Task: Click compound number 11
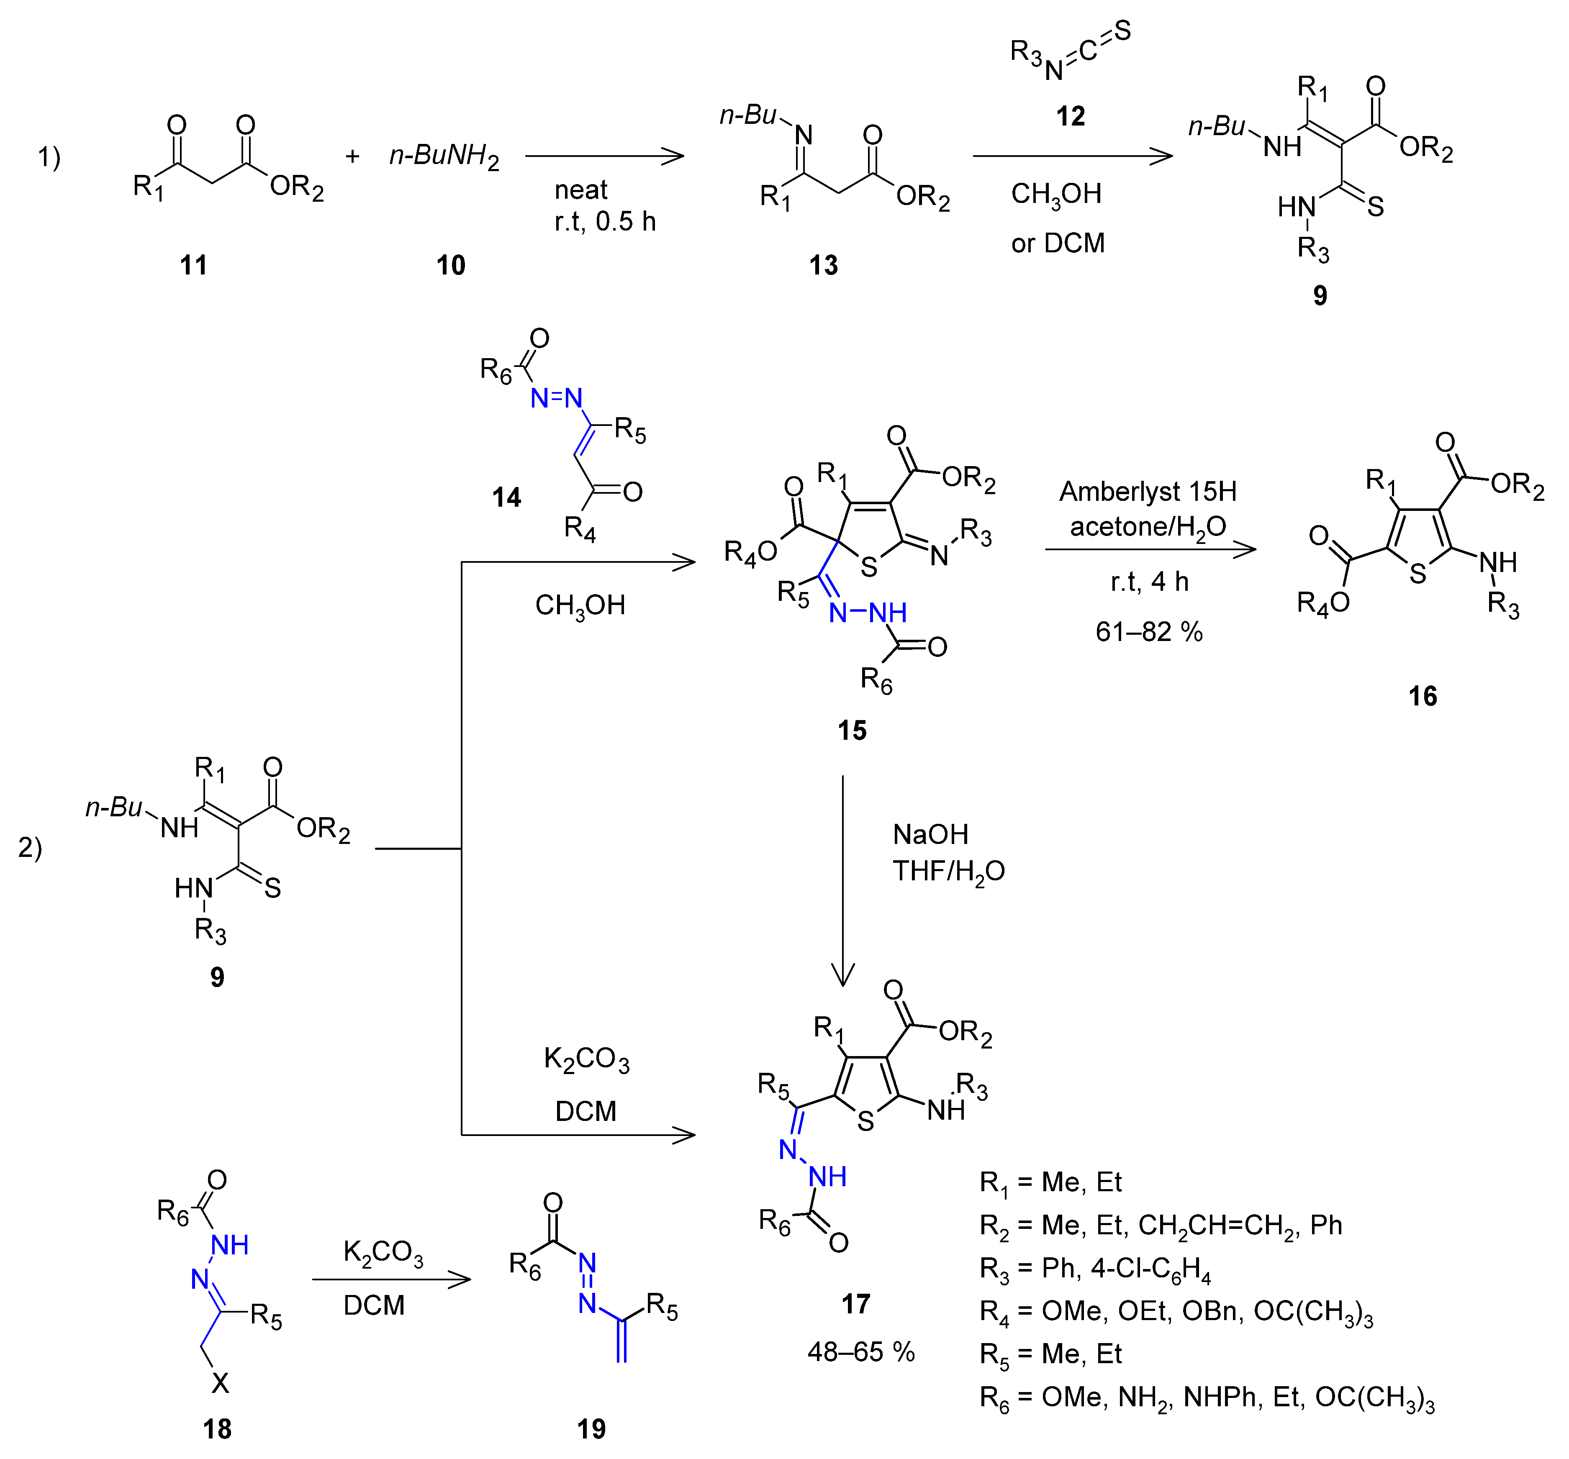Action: pyautogui.click(x=193, y=265)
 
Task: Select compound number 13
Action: pyautogui.click(x=823, y=265)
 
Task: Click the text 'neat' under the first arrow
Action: pyautogui.click(x=581, y=190)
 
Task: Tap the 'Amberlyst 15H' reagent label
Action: pyautogui.click(x=1148, y=492)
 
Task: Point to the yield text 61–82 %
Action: pyautogui.click(x=1148, y=631)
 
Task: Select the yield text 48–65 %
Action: pyautogui.click(x=860, y=1352)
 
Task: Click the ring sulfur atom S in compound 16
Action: pyautogui.click(x=1417, y=574)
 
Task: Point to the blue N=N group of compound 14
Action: pyautogui.click(x=556, y=398)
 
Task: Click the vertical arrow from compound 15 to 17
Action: pyautogui.click(x=843, y=880)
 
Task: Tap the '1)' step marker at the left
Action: pyautogui.click(x=49, y=157)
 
